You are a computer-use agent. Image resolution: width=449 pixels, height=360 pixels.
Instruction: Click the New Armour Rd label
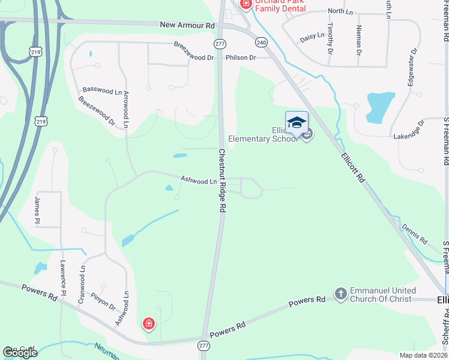[187, 26]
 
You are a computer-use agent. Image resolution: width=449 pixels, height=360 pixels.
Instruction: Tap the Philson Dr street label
[241, 58]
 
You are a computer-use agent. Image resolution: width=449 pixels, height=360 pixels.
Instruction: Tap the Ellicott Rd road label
[352, 167]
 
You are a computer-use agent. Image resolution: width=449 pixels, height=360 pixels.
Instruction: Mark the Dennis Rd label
[415, 235]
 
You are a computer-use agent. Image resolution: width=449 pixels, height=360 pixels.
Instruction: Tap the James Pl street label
[37, 210]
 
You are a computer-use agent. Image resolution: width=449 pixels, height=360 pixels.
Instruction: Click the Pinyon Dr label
[103, 301]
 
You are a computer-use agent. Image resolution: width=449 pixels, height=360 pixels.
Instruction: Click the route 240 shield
[261, 43]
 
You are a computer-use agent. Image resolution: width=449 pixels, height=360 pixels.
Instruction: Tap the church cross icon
[341, 294]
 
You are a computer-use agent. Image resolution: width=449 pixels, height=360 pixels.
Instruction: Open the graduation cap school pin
[297, 123]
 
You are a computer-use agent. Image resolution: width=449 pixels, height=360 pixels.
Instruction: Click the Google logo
[19, 353]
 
